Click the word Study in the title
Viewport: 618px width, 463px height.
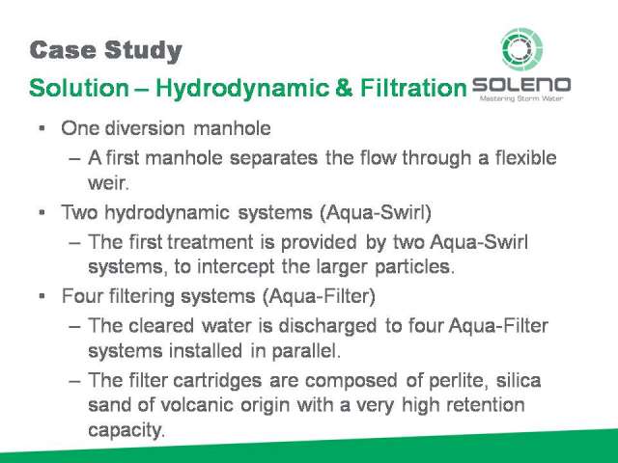pyautogui.click(x=144, y=51)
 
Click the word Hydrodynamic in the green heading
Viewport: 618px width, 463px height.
pyautogui.click(x=242, y=88)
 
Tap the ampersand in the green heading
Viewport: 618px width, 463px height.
pyautogui.click(x=344, y=88)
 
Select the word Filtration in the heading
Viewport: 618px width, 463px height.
pyautogui.click(x=413, y=88)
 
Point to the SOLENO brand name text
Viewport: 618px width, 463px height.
pyautogui.click(x=521, y=85)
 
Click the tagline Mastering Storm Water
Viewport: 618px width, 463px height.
pyautogui.click(x=521, y=98)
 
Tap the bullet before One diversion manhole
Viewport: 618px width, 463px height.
pyautogui.click(x=42, y=128)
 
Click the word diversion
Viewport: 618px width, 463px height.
pyautogui.click(x=145, y=128)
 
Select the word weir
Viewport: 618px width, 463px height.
pyautogui.click(x=108, y=182)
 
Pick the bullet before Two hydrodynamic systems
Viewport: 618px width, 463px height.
pyautogui.click(x=42, y=212)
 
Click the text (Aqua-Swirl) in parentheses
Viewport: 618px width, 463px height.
pyautogui.click(x=376, y=212)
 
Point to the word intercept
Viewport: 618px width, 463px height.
pyautogui.click(x=236, y=267)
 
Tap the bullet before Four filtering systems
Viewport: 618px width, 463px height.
pyautogui.click(x=42, y=296)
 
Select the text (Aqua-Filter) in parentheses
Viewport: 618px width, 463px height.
pyautogui.click(x=319, y=296)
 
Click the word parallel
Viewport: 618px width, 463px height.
pyautogui.click(x=306, y=351)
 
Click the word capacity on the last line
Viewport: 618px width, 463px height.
pyautogui.click(x=126, y=430)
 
